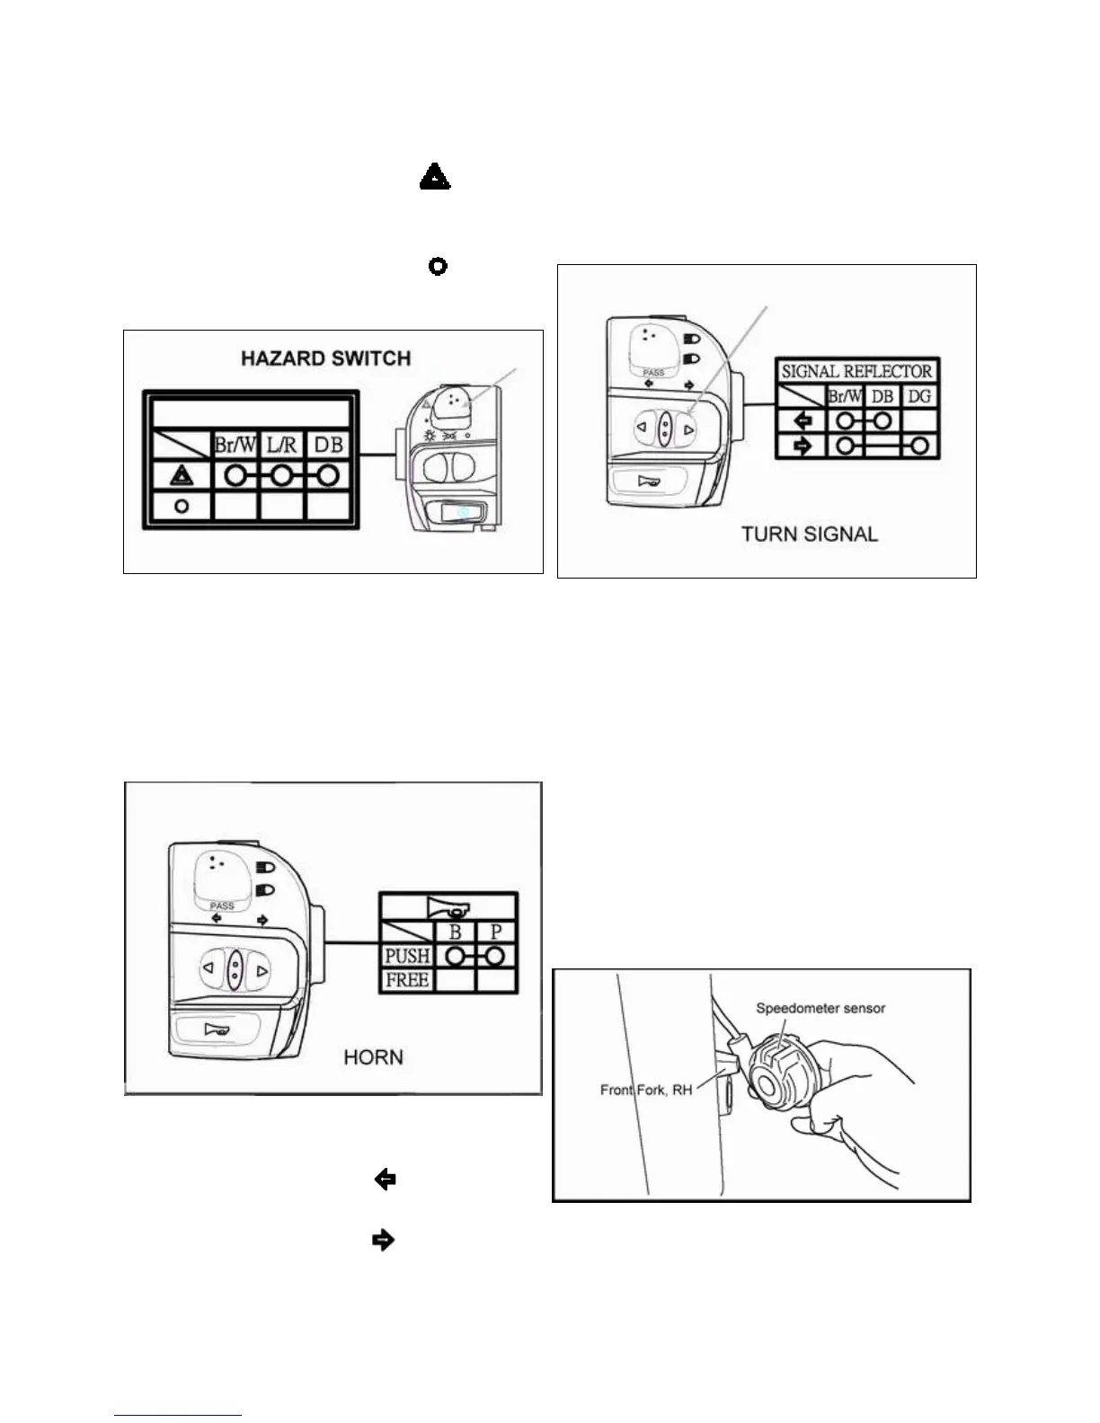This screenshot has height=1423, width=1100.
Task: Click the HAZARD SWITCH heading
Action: pos(325,358)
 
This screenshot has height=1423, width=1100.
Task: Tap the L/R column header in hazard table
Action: pos(281,444)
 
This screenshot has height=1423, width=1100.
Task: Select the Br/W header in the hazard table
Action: pos(235,444)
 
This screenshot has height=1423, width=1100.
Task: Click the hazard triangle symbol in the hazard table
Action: pos(182,474)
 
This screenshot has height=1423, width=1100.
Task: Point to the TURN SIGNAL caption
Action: pos(809,534)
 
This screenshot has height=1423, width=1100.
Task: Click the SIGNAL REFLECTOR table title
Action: pos(856,371)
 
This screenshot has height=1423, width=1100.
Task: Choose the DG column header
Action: pos(918,396)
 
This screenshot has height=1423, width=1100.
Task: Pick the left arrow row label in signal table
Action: pos(803,420)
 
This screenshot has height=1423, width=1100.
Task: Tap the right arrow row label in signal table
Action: pos(803,445)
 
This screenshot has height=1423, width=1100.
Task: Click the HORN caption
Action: pos(373,1057)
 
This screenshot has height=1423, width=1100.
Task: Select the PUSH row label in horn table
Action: pos(407,956)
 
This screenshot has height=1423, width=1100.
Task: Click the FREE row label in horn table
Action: pos(407,979)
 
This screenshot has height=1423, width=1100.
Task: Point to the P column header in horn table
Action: pos(495,932)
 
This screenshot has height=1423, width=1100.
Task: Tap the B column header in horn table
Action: pos(455,932)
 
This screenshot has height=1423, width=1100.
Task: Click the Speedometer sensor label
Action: pos(821,1008)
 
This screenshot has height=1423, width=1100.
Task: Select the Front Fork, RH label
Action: pos(646,1090)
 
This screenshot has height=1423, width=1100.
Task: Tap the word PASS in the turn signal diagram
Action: pos(653,372)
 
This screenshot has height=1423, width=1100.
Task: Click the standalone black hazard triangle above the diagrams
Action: pos(435,177)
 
